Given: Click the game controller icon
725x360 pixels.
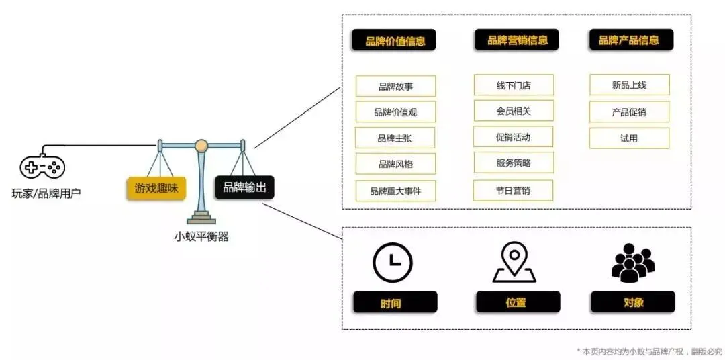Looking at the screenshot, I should pyautogui.click(x=42, y=167).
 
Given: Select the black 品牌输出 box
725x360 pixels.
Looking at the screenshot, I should pyautogui.click(x=244, y=187).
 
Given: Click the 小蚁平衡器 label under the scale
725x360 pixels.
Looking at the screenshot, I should pyautogui.click(x=201, y=236).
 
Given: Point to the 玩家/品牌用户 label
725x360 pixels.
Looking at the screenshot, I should pyautogui.click(x=46, y=194).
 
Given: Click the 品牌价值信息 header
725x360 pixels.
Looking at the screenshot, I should pyautogui.click(x=395, y=40).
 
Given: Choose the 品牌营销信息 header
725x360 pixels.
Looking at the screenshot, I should pyautogui.click(x=517, y=40).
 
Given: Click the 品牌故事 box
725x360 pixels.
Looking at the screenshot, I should pyautogui.click(x=395, y=86).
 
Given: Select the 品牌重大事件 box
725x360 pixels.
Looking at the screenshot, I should pyautogui.click(x=395, y=191).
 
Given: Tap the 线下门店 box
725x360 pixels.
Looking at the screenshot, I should pyautogui.click(x=514, y=85).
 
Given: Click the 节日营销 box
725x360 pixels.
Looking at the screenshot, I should pyautogui.click(x=514, y=190).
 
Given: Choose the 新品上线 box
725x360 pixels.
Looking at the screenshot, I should pyautogui.click(x=629, y=85).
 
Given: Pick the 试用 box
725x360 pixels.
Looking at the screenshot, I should pyautogui.click(x=629, y=138).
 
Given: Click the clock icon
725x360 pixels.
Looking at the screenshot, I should pyautogui.click(x=392, y=262).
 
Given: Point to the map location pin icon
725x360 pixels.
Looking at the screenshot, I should pyautogui.click(x=514, y=262).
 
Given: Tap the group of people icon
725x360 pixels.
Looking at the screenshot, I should pyautogui.click(x=632, y=262).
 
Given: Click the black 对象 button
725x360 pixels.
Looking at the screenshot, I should pyautogui.click(x=632, y=302).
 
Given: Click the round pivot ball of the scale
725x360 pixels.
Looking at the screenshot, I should pyautogui.click(x=201, y=145).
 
